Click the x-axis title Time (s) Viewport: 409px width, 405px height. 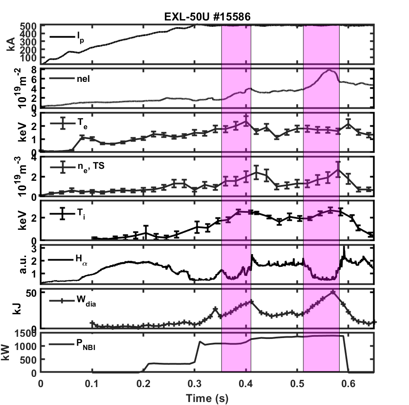point(207,398)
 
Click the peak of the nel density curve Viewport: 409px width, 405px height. point(329,70)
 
